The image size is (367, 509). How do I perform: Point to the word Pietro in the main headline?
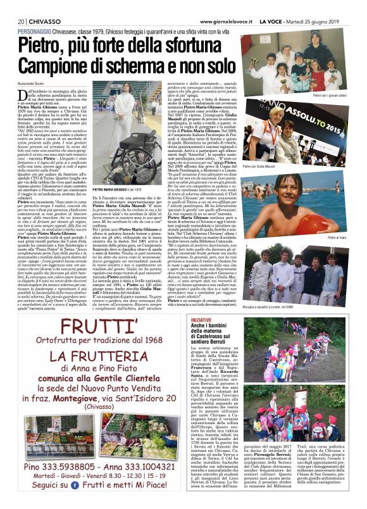tap(46, 45)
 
